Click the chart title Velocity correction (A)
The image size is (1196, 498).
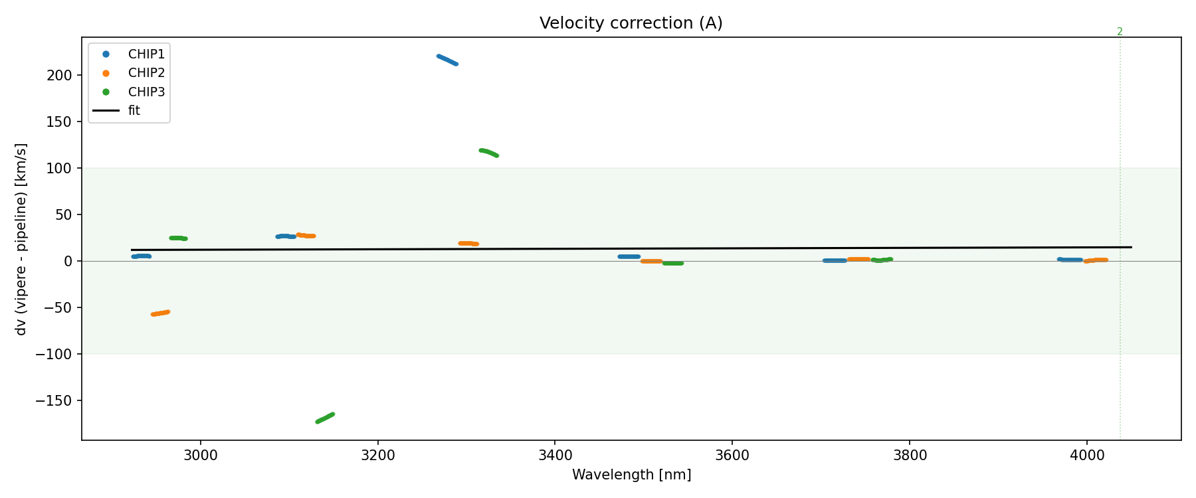click(x=631, y=23)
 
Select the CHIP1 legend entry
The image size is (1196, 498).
click(x=146, y=54)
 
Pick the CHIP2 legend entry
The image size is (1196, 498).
click(x=146, y=73)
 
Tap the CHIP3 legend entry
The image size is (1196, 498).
click(x=146, y=92)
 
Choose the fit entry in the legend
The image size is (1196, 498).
click(x=134, y=111)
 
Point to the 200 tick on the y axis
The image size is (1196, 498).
click(x=59, y=75)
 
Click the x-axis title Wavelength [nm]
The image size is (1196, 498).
click(x=631, y=475)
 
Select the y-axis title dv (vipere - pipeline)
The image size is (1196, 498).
click(x=21, y=239)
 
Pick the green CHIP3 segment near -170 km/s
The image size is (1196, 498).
click(x=325, y=418)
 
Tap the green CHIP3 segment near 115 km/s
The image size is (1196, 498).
click(x=489, y=152)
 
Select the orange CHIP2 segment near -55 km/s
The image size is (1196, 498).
click(x=160, y=313)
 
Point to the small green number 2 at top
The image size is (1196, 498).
click(x=1120, y=32)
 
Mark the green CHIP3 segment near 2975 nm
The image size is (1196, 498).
click(x=178, y=238)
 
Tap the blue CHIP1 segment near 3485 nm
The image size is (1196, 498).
click(x=629, y=256)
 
